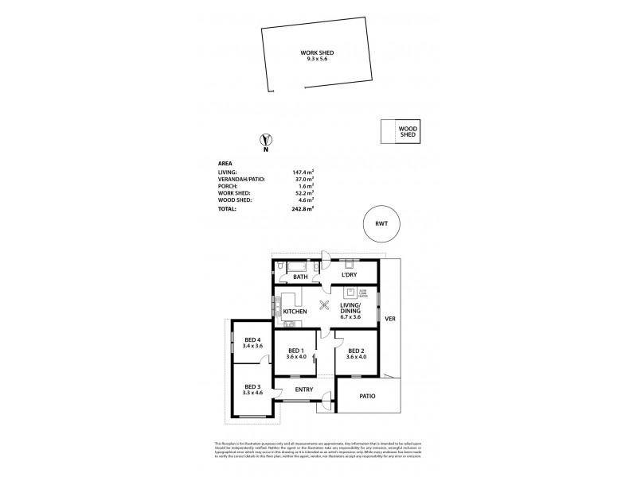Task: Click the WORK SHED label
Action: (x=317, y=52)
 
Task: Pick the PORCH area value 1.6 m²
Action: (x=306, y=186)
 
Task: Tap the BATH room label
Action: (x=300, y=277)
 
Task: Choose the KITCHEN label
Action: (x=295, y=312)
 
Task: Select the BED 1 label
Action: (x=296, y=351)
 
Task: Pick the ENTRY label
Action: (x=303, y=390)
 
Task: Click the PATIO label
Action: (x=367, y=396)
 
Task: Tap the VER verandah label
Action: (x=390, y=319)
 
